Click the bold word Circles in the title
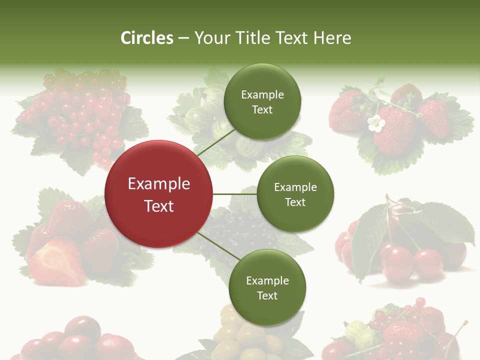(x=147, y=38)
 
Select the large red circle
(x=158, y=194)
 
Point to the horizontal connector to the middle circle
(x=234, y=194)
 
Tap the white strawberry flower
(x=375, y=123)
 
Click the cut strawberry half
(x=56, y=262)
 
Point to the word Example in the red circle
(x=158, y=184)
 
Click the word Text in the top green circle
(x=262, y=110)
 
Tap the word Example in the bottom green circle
(x=267, y=281)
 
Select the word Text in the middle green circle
(x=295, y=202)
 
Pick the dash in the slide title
(x=183, y=38)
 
